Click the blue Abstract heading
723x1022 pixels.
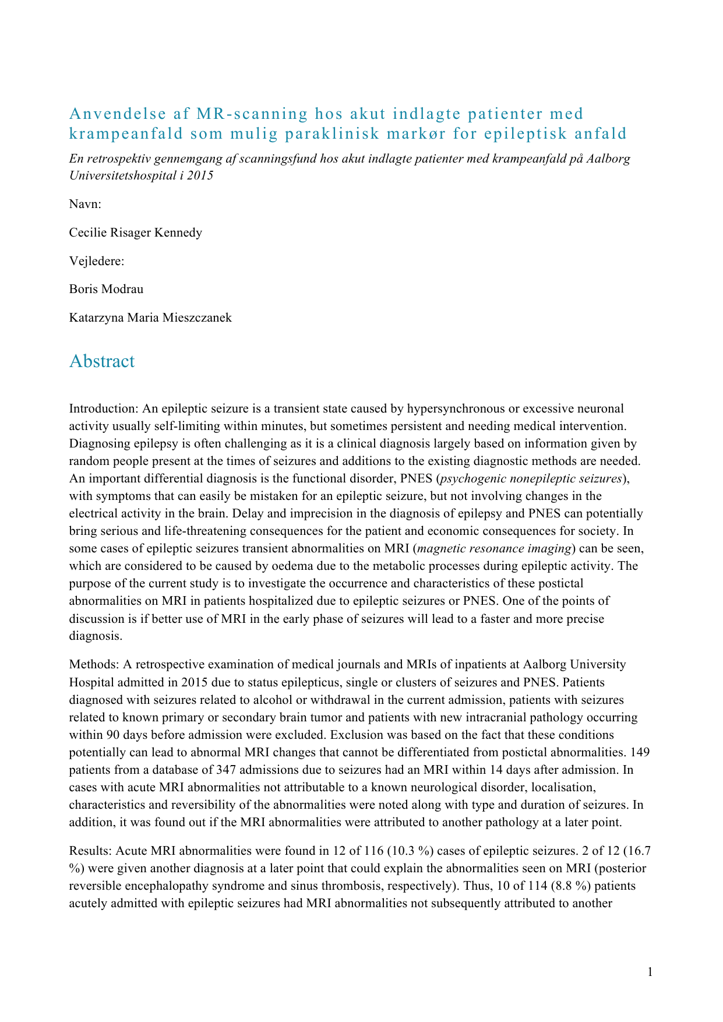[102, 361]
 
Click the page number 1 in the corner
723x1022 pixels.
[650, 971]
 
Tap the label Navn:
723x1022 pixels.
[85, 204]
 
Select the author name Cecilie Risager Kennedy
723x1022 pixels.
[136, 232]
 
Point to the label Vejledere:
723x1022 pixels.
[97, 261]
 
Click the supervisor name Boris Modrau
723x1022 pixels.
[106, 289]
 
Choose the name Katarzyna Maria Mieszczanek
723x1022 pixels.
[150, 318]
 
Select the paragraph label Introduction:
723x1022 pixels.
[104, 408]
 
